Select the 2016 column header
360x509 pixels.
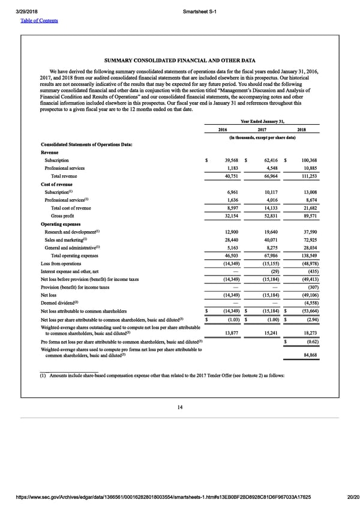(x=222, y=129)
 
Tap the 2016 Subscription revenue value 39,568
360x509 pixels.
(x=230, y=161)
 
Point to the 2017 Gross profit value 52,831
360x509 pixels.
(x=266, y=216)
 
